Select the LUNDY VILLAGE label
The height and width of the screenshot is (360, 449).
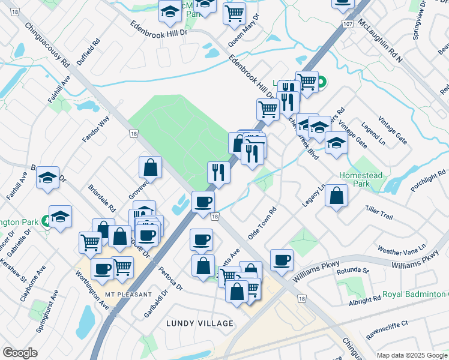pos(200,323)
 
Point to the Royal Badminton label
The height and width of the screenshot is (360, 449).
pos(416,295)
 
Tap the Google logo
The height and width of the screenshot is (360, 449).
pos(20,353)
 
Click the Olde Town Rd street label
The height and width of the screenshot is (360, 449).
pos(262,223)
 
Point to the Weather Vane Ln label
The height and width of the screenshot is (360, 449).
pos(401,247)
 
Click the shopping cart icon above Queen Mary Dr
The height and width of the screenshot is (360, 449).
pos(234,13)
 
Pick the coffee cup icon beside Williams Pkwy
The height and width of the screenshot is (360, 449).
pos(282,259)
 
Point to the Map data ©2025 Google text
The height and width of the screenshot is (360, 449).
pos(412,355)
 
